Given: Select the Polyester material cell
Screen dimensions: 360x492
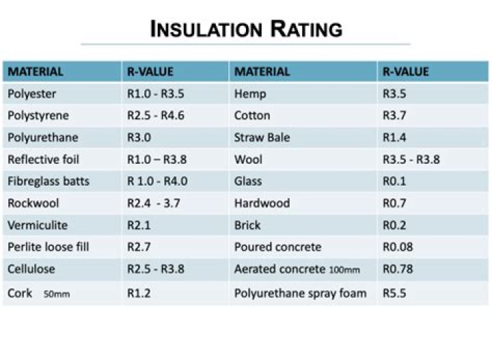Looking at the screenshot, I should (31, 94).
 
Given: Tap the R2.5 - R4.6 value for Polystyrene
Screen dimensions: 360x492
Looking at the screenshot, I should (155, 115).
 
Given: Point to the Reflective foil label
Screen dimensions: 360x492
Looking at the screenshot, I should (43, 159).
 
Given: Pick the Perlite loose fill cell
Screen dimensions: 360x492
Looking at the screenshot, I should (48, 247).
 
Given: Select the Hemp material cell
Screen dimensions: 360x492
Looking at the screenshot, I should (250, 94).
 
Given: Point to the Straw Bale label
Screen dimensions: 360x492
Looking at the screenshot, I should (262, 137).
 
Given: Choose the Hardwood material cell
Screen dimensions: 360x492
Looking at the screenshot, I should (262, 203).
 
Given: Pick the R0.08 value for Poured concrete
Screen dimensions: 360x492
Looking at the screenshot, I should (400, 247).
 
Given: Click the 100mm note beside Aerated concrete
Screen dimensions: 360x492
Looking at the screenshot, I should (344, 270).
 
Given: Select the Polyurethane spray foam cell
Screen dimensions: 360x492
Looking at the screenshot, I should (300, 293).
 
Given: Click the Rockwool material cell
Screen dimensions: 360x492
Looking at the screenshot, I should (33, 203).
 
